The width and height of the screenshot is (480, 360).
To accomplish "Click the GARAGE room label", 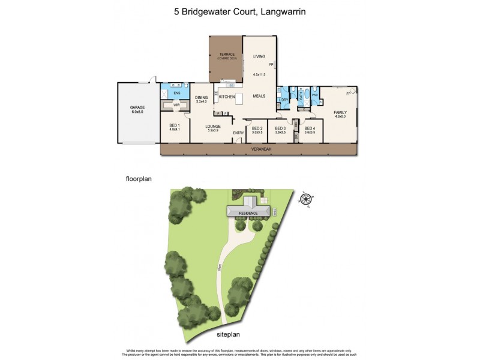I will [138, 107].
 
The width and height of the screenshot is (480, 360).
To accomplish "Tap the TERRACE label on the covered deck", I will [226, 55].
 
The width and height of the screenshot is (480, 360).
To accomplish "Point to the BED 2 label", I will [257, 128].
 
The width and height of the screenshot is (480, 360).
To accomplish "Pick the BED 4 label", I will [310, 128].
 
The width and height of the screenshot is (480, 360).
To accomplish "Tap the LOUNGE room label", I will [213, 127].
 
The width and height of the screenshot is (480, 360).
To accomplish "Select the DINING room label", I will [202, 98].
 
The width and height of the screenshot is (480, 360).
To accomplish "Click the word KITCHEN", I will [227, 97].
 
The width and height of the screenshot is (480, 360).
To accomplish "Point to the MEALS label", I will [259, 96].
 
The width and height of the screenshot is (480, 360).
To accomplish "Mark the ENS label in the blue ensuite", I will [177, 94].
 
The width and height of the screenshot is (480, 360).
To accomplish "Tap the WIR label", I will [176, 105].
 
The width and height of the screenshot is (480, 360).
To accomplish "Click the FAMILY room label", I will [340, 112].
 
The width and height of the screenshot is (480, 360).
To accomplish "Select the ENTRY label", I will [239, 133].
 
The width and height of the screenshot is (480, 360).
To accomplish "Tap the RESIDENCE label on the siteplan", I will [248, 213].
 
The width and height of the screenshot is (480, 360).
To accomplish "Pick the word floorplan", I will [141, 179].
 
